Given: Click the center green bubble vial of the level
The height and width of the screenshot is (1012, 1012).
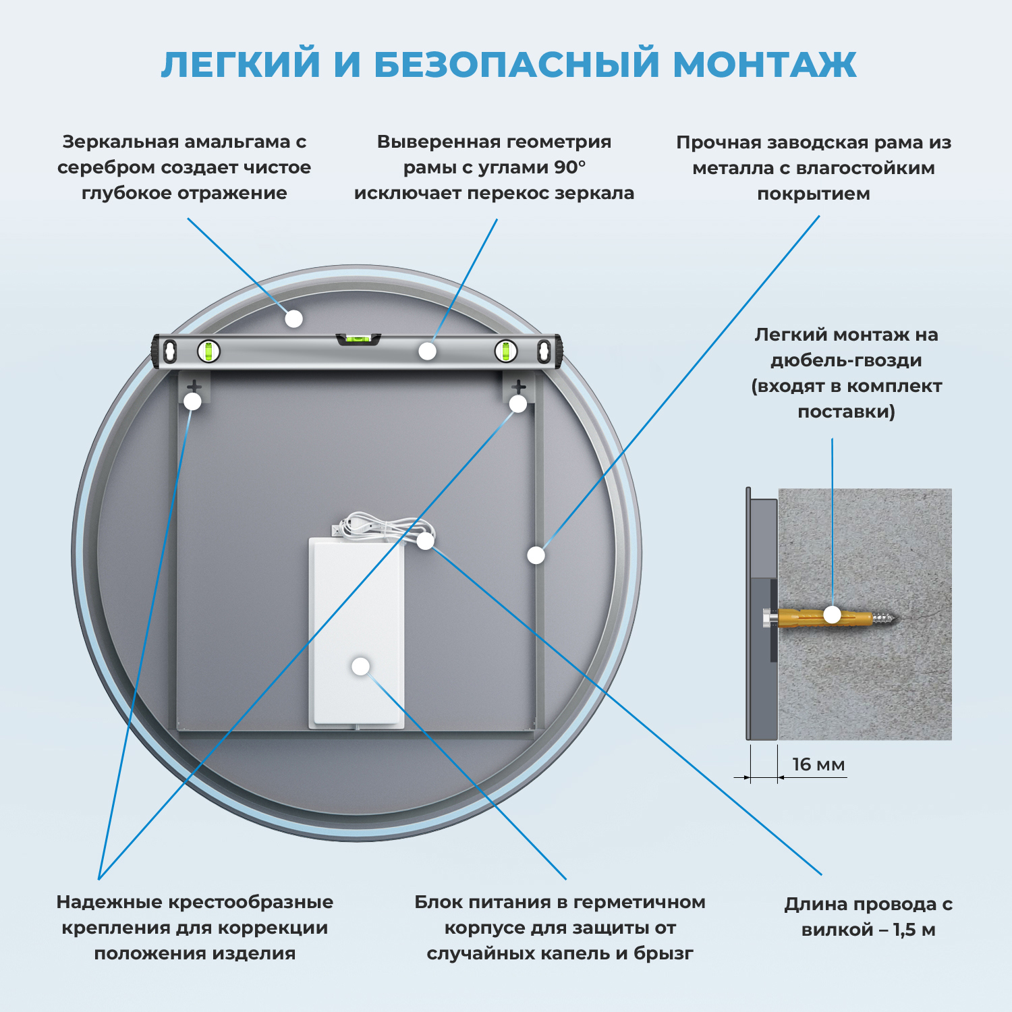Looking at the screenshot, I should (358, 339).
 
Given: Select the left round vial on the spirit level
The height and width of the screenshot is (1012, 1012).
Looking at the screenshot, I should (208, 351).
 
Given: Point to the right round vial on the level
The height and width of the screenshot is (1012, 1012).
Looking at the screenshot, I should (505, 351).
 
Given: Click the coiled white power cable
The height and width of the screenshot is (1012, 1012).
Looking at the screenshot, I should (381, 526).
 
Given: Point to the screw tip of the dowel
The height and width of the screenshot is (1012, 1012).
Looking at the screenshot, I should (889, 617).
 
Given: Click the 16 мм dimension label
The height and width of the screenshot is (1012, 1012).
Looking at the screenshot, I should (818, 764).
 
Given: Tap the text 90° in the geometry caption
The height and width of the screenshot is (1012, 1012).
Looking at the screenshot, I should (570, 167).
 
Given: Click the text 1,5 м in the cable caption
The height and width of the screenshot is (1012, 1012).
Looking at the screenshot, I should (914, 930).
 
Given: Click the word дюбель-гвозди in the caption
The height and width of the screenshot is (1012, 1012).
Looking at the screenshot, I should (846, 360).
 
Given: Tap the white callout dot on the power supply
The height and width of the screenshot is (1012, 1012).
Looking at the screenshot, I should (361, 667).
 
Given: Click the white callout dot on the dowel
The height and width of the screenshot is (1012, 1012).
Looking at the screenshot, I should (833, 615).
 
